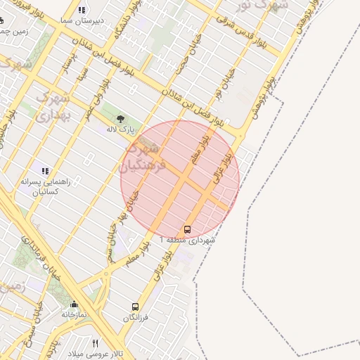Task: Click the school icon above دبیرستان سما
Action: [x=82, y=10]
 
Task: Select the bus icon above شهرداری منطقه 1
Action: [x=187, y=229]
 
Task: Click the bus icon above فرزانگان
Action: [x=135, y=307]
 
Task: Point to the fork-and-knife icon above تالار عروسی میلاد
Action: [x=96, y=342]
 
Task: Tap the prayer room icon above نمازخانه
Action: [x=74, y=304]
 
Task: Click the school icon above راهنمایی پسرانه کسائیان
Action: [x=46, y=171]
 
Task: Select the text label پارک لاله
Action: [x=120, y=129]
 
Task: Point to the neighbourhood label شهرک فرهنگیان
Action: [x=146, y=157]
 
